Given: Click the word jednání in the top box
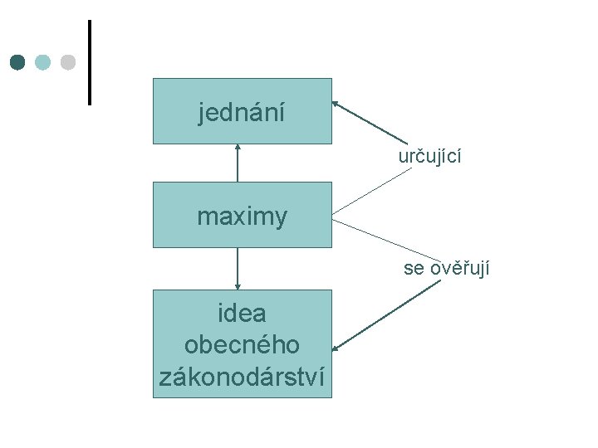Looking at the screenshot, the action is pos(242,112).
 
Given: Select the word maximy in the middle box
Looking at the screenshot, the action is pos(242,217).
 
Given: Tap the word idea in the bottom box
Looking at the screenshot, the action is pos(242,314).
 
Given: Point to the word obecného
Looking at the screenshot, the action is pos(242,344).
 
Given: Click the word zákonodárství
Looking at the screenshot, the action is pos(242,376).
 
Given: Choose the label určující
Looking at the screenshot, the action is pos(429,156).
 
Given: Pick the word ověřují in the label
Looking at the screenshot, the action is pos(459,268).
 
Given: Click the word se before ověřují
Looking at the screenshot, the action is pos(414,269).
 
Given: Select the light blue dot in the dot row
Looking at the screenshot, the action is pos(43,62).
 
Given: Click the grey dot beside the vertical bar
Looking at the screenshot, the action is pos(68,62).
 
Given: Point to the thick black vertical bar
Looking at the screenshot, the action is pos(89,62).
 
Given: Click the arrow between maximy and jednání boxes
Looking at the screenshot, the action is pos(238,163).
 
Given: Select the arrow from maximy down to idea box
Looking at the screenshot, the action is pos(238,269).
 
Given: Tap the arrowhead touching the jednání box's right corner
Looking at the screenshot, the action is pos(336,104).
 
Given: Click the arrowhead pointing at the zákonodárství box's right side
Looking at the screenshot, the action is pos(336,347).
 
